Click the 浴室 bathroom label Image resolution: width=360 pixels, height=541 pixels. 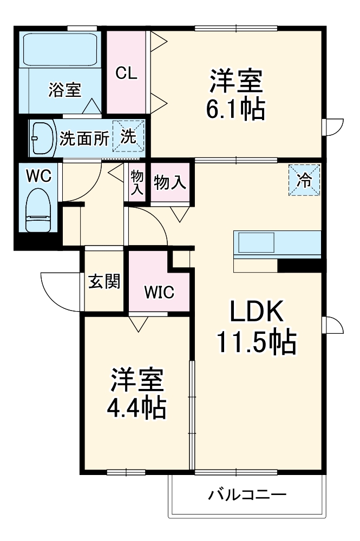click(x=64, y=90)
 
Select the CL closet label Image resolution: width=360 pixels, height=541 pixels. click(x=126, y=73)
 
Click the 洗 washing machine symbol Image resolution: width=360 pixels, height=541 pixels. click(x=128, y=137)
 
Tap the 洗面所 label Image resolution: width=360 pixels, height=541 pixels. click(x=83, y=138)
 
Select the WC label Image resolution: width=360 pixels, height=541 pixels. click(x=38, y=175)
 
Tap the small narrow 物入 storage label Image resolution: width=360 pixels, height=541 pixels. click(x=138, y=183)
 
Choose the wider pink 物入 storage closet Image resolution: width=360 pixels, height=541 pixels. click(x=170, y=183)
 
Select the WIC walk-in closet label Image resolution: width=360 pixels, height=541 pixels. click(x=159, y=292)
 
